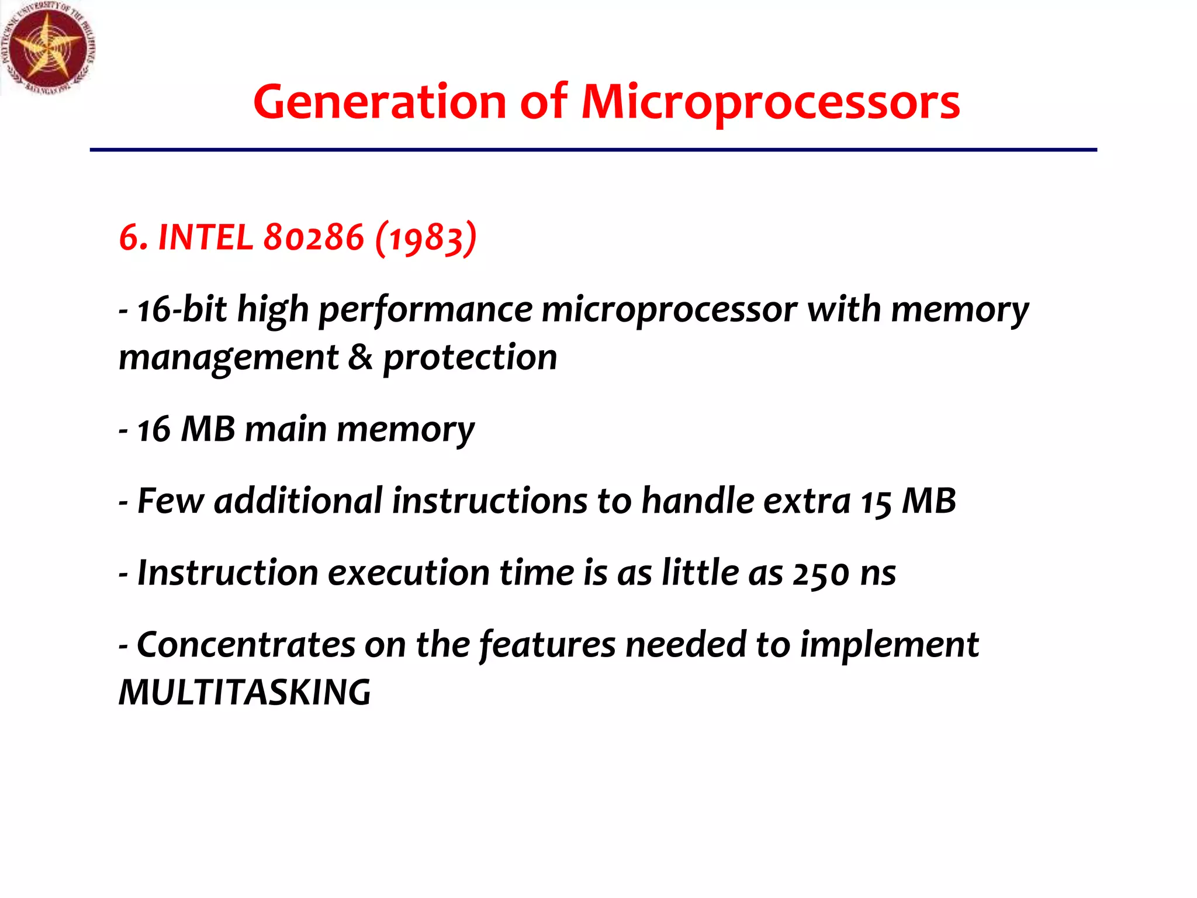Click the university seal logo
coord(48,48)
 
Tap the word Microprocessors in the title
coord(770,103)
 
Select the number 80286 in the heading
coord(314,237)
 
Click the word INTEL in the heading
coord(205,237)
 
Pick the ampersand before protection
coord(360,357)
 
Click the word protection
coord(470,357)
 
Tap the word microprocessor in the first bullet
coord(669,309)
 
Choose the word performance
coord(425,309)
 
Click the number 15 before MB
coord(876,502)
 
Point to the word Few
coord(171,501)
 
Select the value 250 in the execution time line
coord(821,573)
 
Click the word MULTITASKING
coord(244,692)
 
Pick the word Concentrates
coord(246,644)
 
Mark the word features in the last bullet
coord(547,644)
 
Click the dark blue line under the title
coord(593,150)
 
